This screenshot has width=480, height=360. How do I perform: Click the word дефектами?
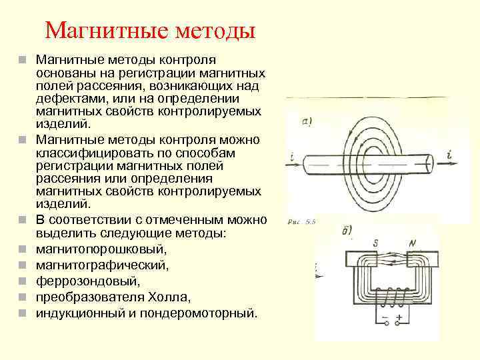(x=70, y=99)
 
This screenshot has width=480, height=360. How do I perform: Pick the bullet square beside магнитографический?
(x=22, y=265)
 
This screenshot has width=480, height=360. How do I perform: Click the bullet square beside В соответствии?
(x=22, y=220)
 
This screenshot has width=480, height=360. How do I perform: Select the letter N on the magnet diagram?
(x=412, y=244)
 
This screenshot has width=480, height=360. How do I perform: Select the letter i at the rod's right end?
(x=450, y=156)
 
